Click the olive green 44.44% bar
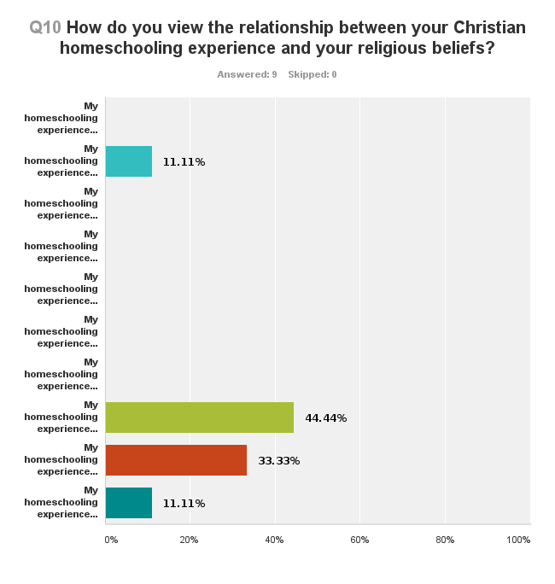coord(199,418)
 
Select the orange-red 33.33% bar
coord(176,460)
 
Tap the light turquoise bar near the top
coord(128,161)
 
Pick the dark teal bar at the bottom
coord(128,503)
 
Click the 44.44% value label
coord(325,418)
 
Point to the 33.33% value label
coord(278,461)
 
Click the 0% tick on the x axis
coord(111,540)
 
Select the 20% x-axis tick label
coord(189,540)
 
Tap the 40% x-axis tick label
coord(274,540)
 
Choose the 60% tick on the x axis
coord(359,540)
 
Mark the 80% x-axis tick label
coord(445,540)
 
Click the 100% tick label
coord(518,540)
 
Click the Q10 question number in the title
coord(45,27)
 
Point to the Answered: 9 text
coord(247,74)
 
